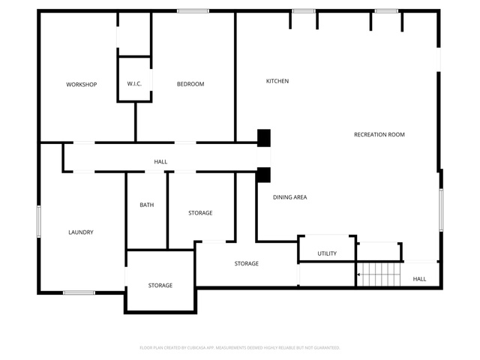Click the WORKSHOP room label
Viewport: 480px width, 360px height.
(81, 84)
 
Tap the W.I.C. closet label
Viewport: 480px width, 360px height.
(134, 84)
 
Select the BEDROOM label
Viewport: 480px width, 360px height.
(190, 84)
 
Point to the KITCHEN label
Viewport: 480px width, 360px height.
(277, 81)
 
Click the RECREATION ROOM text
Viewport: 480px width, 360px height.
(379, 135)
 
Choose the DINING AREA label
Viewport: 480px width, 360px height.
(289, 197)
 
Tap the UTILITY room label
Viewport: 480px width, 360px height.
(327, 253)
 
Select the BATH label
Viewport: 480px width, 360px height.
(147, 205)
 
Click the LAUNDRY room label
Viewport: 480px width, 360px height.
(81, 232)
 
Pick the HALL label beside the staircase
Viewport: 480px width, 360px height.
(419, 279)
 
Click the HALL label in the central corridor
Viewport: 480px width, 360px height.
(160, 162)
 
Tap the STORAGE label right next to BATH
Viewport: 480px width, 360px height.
(200, 213)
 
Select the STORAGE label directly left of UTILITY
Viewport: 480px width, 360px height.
(247, 263)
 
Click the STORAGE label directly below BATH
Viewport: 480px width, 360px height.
(160, 285)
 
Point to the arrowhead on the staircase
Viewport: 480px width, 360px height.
(358, 274)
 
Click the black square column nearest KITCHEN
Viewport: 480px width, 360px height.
(263, 137)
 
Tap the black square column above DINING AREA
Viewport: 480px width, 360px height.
(263, 174)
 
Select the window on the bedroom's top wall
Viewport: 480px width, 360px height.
(193, 10)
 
